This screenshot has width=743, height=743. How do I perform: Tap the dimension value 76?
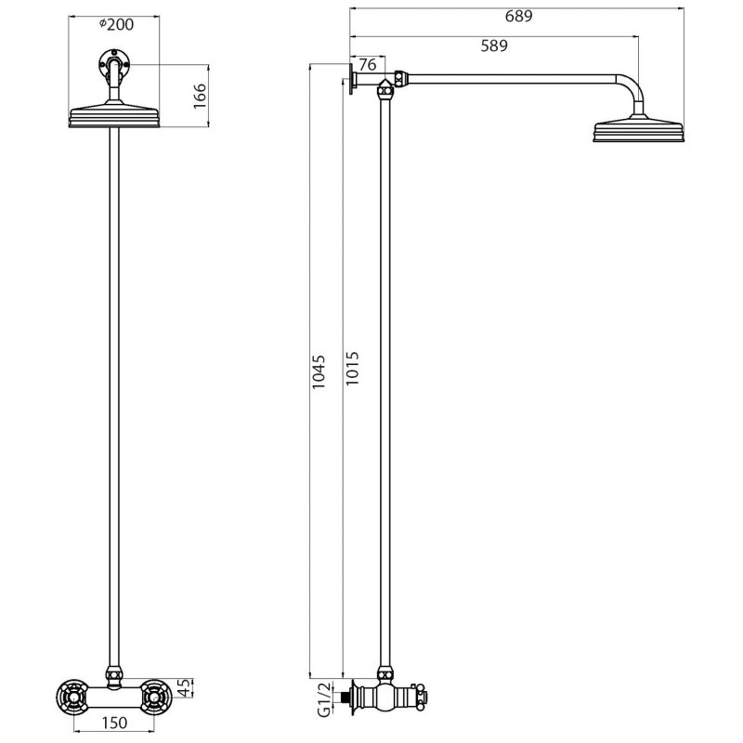coord(367,64)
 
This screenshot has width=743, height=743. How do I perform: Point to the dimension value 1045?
coord(319,371)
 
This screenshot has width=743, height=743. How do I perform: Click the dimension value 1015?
coord(350,371)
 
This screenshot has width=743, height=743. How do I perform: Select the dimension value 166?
coord(199,95)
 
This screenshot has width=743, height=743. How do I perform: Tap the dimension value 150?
coord(114,723)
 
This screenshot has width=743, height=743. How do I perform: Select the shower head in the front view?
coord(115,117)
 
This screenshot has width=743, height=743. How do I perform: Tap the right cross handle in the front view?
coord(158,694)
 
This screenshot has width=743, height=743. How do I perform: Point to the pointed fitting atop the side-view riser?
coord(385,89)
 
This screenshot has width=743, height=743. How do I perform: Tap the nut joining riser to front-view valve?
coord(115,674)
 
